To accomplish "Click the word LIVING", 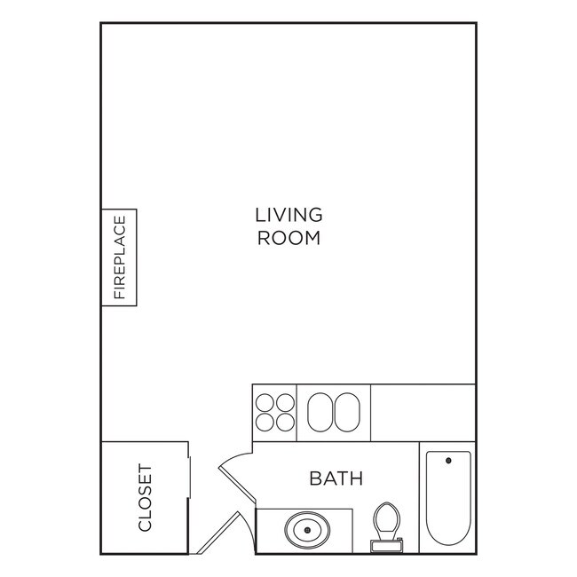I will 288,215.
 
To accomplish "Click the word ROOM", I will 288,238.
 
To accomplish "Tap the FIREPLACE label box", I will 119,257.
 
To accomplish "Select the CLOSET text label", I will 145,498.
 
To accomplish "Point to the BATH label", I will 336,479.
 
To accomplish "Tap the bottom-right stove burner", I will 285,423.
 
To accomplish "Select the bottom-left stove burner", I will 265,423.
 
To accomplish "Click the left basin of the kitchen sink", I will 319,412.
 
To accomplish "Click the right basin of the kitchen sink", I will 347,412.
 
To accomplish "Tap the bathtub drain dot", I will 447,461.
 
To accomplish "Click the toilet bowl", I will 385,519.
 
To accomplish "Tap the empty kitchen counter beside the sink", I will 423,412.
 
